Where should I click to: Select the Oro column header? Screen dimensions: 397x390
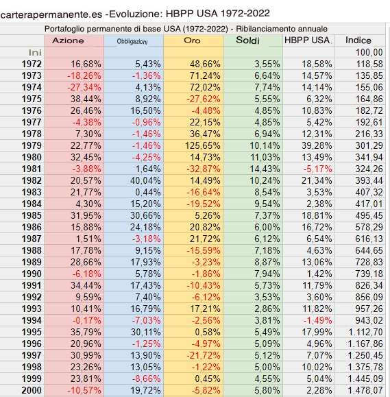[x=193, y=40]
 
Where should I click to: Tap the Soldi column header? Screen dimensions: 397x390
[x=252, y=40]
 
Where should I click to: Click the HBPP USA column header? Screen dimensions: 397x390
[x=307, y=40]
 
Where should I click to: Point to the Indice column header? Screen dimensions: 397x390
[x=358, y=40]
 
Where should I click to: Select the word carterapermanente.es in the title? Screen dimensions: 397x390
[x=47, y=13]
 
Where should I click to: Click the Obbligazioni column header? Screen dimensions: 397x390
[x=134, y=40]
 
